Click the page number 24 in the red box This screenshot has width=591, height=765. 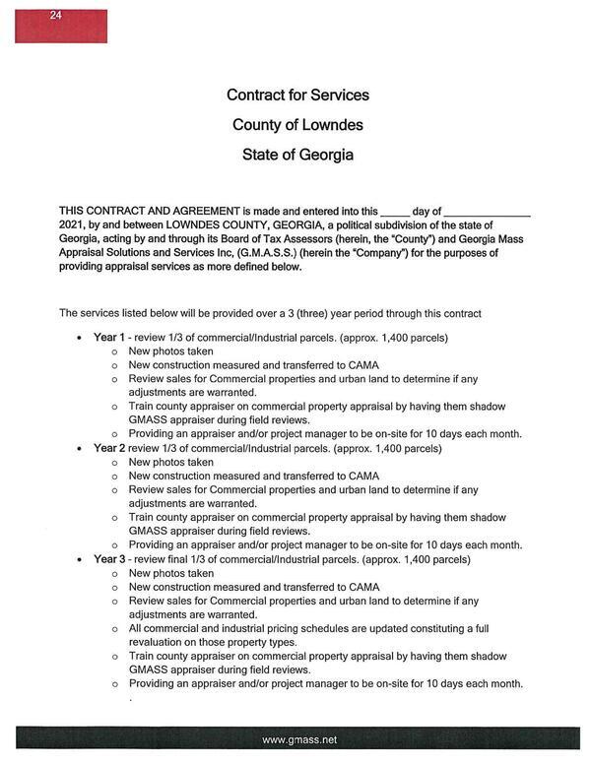55,16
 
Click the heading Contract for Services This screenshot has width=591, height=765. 297,96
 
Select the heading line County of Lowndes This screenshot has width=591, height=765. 297,125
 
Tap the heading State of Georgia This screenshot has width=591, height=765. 297,155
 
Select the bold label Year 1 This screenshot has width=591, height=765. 107,338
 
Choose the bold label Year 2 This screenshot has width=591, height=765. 107,448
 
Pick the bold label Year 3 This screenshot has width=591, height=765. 107,559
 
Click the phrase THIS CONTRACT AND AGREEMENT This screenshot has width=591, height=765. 149,212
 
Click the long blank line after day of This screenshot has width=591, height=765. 488,212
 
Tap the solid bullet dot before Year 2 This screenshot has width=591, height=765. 79,449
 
